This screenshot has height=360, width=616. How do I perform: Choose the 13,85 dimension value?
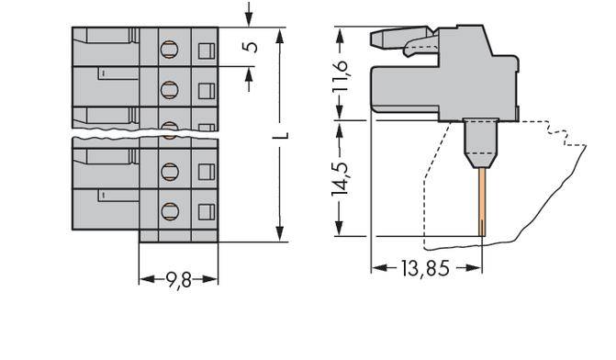pyautogui.click(x=427, y=269)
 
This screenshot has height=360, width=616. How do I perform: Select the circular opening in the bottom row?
pyautogui.click(x=169, y=211)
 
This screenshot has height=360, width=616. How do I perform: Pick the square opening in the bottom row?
pyautogui.click(x=206, y=211)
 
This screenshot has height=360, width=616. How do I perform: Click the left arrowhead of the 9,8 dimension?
pyautogui.click(x=144, y=276)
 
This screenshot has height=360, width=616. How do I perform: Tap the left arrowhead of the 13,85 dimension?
pyautogui.click(x=376, y=268)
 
